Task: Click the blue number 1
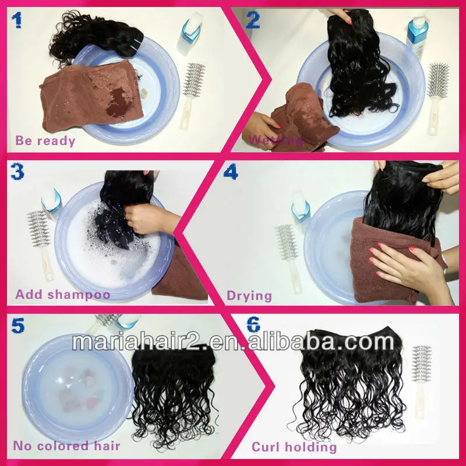tap(17, 20)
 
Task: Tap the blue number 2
tap(253, 20)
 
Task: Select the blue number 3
tap(17, 172)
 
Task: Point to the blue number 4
tap(231, 172)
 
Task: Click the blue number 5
tap(18, 326)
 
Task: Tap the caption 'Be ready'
tap(45, 140)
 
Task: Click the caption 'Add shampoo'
tap(63, 294)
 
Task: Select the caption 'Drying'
tap(249, 296)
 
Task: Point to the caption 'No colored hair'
tap(66, 446)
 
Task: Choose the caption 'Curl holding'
tap(294, 447)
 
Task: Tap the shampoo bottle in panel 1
tap(189, 33)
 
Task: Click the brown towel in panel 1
tap(91, 96)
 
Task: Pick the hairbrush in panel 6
tap(421, 382)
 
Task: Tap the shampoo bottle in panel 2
tap(417, 33)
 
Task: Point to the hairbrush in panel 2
tap(438, 98)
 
